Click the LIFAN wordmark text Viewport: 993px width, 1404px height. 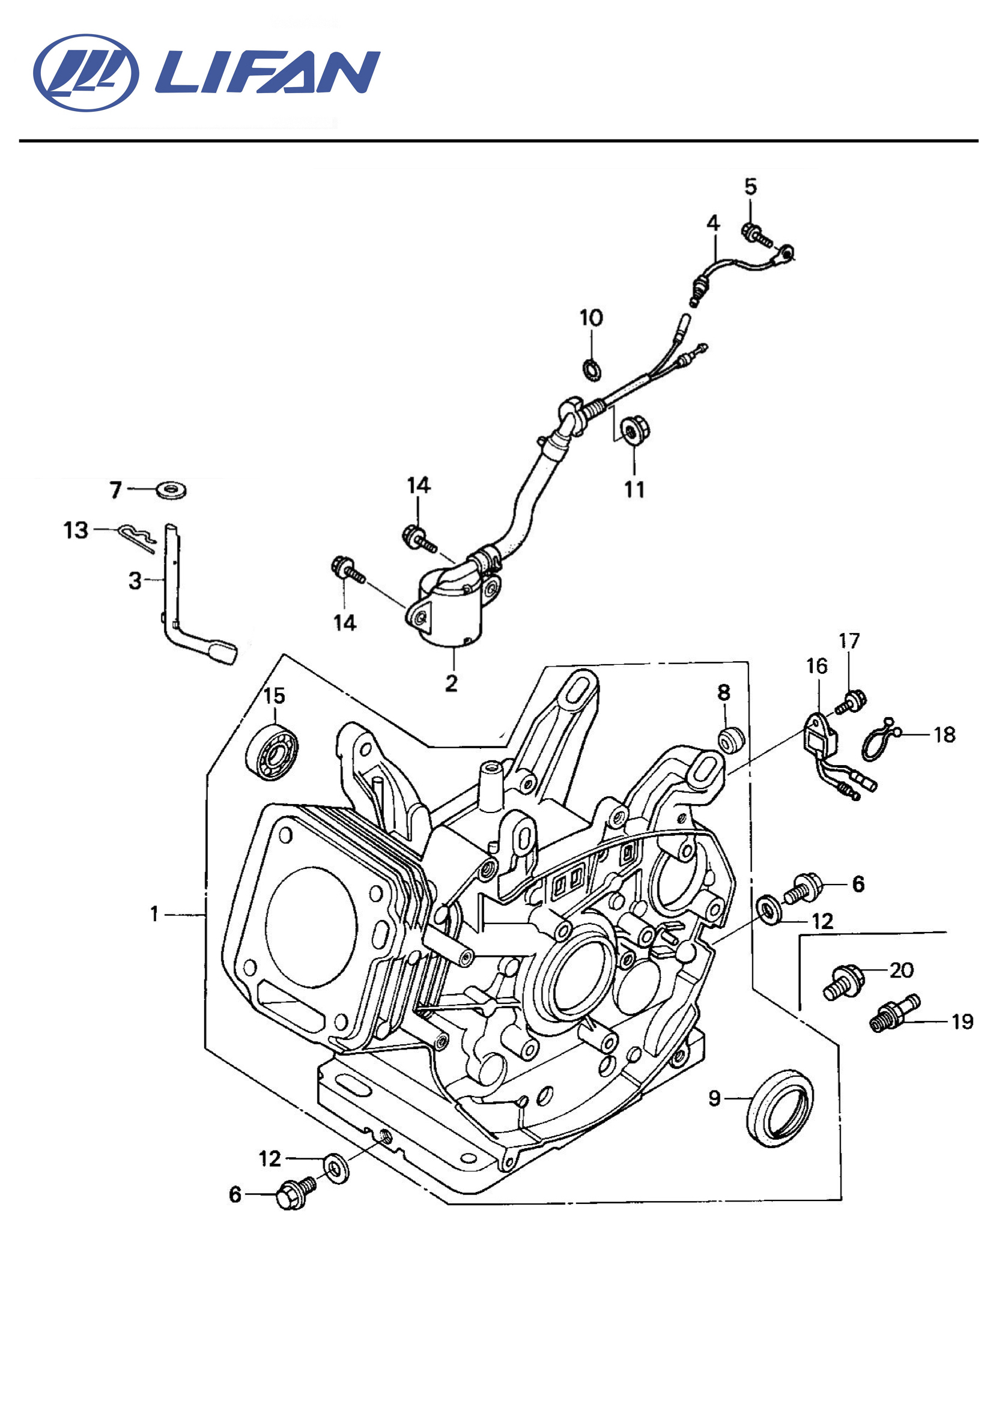[x=268, y=71]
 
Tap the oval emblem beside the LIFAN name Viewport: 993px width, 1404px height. [x=87, y=73]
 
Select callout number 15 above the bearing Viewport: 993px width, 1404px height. [x=275, y=695]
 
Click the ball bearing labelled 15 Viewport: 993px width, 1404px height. [x=272, y=751]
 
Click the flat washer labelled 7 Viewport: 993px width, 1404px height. [x=171, y=490]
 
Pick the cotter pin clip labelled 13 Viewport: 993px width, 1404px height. [x=136, y=538]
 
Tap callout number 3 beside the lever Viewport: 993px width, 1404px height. [x=135, y=580]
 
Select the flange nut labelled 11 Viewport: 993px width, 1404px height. [x=634, y=431]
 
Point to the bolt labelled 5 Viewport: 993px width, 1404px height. [x=757, y=235]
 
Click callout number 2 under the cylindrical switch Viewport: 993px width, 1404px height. [x=452, y=683]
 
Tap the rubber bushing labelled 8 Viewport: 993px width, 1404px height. [x=730, y=740]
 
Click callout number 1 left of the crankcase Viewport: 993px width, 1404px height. [x=155, y=914]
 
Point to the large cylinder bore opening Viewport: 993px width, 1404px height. [x=311, y=927]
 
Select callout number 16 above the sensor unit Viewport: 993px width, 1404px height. [x=817, y=666]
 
